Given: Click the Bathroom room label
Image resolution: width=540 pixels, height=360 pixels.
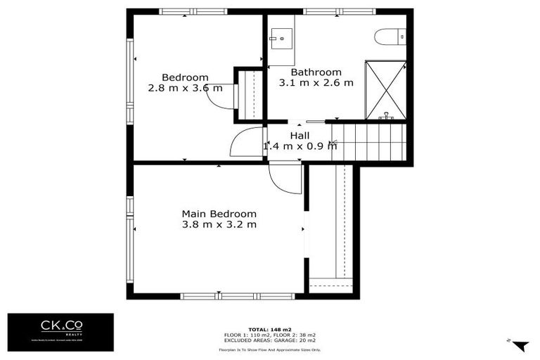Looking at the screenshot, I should pyautogui.click(x=316, y=72).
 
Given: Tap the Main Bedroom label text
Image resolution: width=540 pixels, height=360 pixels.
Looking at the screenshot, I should pyautogui.click(x=219, y=214).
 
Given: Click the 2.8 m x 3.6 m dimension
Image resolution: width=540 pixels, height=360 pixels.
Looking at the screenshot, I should pyautogui.click(x=185, y=89).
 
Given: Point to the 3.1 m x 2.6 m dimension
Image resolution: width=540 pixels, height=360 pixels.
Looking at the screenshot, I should pyautogui.click(x=316, y=83).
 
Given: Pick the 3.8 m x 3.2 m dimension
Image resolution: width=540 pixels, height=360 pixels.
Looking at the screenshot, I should pyautogui.click(x=219, y=225).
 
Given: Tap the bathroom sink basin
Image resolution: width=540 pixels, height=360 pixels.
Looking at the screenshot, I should pyautogui.click(x=282, y=36).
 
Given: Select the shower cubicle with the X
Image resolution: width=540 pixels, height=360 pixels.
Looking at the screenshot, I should pyautogui.click(x=385, y=90).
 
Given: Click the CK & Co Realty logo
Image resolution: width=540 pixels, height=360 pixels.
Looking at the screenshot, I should pyautogui.click(x=60, y=332).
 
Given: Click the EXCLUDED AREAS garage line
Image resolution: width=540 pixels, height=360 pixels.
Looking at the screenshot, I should pyautogui.click(x=269, y=338).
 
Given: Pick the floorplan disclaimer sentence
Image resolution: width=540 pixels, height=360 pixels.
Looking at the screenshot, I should pyautogui.click(x=269, y=349).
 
